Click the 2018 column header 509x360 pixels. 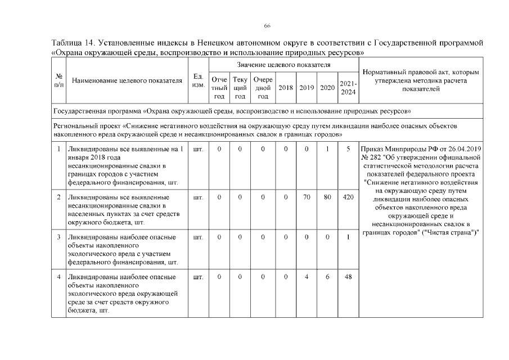pos(286,88)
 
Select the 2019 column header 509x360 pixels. pos(307,88)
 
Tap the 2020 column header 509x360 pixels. pos(327,88)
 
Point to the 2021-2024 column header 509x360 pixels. pos(348,88)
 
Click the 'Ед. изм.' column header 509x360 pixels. pos(198,80)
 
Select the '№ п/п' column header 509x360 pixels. pos(58,80)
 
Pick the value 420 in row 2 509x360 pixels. pos(348,197)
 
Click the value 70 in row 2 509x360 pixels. pos(307,197)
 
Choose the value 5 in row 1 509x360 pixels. pos(348,149)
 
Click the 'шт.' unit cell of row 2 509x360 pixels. pos(198,197)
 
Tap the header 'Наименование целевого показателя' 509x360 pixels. pos(128,80)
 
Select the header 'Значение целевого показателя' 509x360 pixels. pos(283,66)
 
